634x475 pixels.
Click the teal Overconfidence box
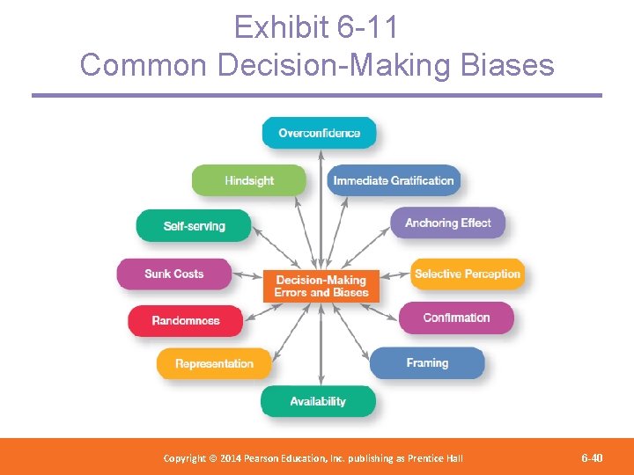point(319,133)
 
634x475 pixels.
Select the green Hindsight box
point(249,180)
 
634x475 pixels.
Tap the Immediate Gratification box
point(394,180)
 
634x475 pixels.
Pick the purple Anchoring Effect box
point(448,223)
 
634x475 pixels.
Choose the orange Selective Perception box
point(468,274)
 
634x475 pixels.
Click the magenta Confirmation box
point(456,318)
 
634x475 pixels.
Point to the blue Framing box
point(427,362)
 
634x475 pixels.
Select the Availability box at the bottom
point(318,401)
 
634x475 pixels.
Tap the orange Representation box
point(214,363)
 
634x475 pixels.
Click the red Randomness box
point(186,320)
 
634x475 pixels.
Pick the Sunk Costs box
point(174,274)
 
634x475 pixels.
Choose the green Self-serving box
point(194,226)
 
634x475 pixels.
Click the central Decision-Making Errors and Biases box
point(321,286)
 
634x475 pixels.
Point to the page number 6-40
point(592,457)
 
